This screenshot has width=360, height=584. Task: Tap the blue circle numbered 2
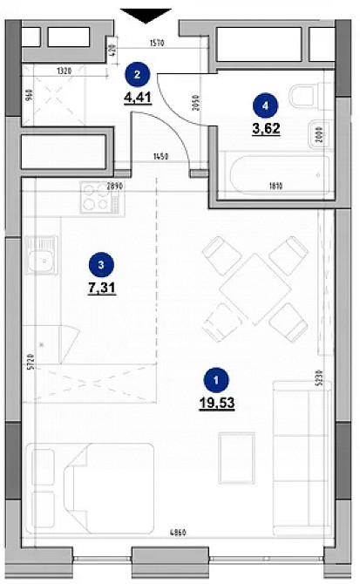tap(136, 76)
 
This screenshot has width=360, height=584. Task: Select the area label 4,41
tap(139, 98)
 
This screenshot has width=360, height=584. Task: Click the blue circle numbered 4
tap(265, 105)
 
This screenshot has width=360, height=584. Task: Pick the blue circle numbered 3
tap(102, 265)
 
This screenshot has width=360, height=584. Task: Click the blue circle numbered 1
tap(215, 379)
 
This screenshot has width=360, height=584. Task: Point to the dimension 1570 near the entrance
tap(157, 42)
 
